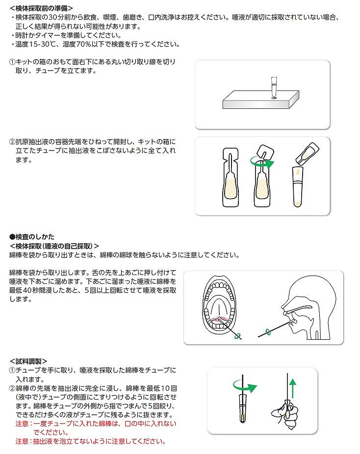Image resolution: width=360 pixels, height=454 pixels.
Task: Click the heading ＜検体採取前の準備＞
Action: [41, 8]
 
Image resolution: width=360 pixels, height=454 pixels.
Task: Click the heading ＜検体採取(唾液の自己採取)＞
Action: [54, 246]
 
